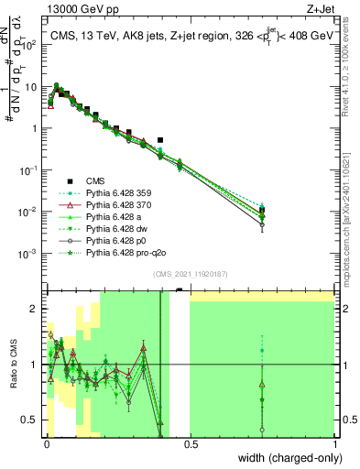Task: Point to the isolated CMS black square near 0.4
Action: pyautogui.click(x=160, y=141)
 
